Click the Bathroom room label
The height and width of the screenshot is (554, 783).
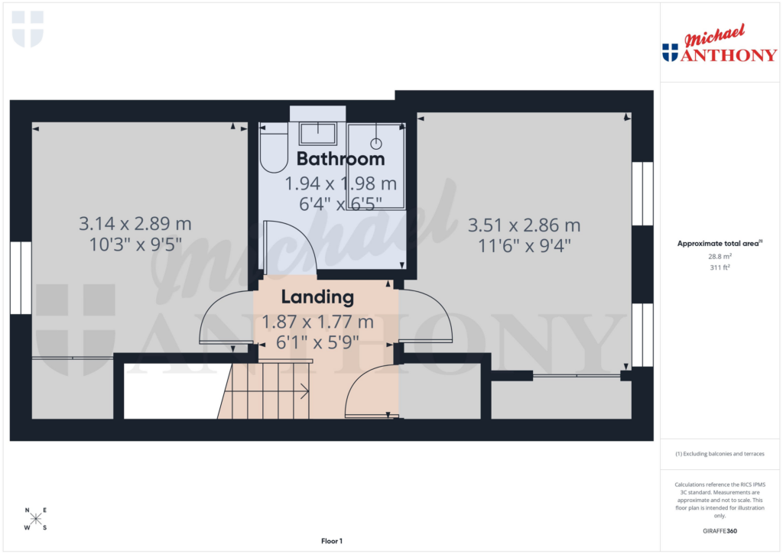point(340,159)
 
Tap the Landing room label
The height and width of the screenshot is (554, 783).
point(317,296)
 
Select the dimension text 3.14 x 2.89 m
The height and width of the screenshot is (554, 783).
point(135,224)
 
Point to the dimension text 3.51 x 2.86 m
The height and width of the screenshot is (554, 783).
point(524,225)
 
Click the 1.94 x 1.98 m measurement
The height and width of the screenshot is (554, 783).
point(340,184)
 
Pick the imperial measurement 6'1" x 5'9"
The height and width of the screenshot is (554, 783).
point(317,342)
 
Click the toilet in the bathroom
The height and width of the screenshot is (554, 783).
point(272,150)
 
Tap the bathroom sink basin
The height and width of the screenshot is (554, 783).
point(317,134)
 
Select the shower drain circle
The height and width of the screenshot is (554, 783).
point(376,143)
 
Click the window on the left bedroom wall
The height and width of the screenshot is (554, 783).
point(21,278)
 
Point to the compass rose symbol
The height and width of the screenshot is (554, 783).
point(35,519)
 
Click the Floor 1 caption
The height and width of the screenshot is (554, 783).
point(332,541)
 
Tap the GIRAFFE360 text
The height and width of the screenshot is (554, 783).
point(720,531)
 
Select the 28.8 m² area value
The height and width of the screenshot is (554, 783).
point(720,257)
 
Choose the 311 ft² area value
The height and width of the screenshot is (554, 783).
point(720,268)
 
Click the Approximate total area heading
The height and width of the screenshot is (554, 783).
point(720,244)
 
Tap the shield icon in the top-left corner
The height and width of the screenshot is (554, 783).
point(28,29)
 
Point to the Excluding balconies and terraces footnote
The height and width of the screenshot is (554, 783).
point(720,454)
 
